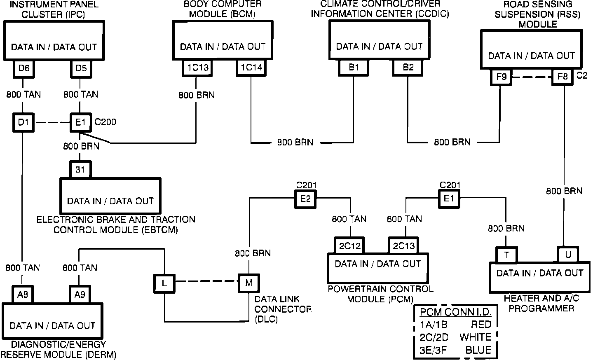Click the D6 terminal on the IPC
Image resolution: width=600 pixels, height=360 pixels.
[24, 68]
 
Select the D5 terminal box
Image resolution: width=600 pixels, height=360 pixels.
[81, 68]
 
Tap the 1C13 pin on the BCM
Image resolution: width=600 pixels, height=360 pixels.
[197, 68]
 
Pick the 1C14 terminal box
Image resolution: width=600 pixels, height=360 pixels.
[251, 68]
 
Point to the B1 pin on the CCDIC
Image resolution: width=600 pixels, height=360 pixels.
[353, 68]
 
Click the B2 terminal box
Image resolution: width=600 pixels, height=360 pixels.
[408, 68]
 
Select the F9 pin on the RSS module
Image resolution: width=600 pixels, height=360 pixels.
[501, 77]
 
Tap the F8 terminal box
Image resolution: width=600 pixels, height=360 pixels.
[562, 77]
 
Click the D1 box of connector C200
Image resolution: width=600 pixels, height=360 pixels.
[23, 123]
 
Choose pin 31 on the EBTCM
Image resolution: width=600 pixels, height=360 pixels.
[80, 169]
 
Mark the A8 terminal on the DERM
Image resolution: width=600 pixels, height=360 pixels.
[23, 295]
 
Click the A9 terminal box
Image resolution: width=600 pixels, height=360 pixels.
[80, 295]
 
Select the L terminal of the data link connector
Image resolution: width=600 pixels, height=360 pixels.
[164, 283]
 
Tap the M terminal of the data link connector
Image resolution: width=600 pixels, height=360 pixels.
[249, 283]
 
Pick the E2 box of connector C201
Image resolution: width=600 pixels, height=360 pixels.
[305, 199]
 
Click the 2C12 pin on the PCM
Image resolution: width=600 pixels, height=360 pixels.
[349, 245]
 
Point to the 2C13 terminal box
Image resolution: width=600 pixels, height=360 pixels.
[403, 245]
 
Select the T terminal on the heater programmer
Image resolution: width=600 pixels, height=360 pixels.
[506, 255]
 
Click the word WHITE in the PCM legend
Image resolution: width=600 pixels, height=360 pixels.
[476, 337]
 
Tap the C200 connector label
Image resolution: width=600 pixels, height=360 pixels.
[105, 122]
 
